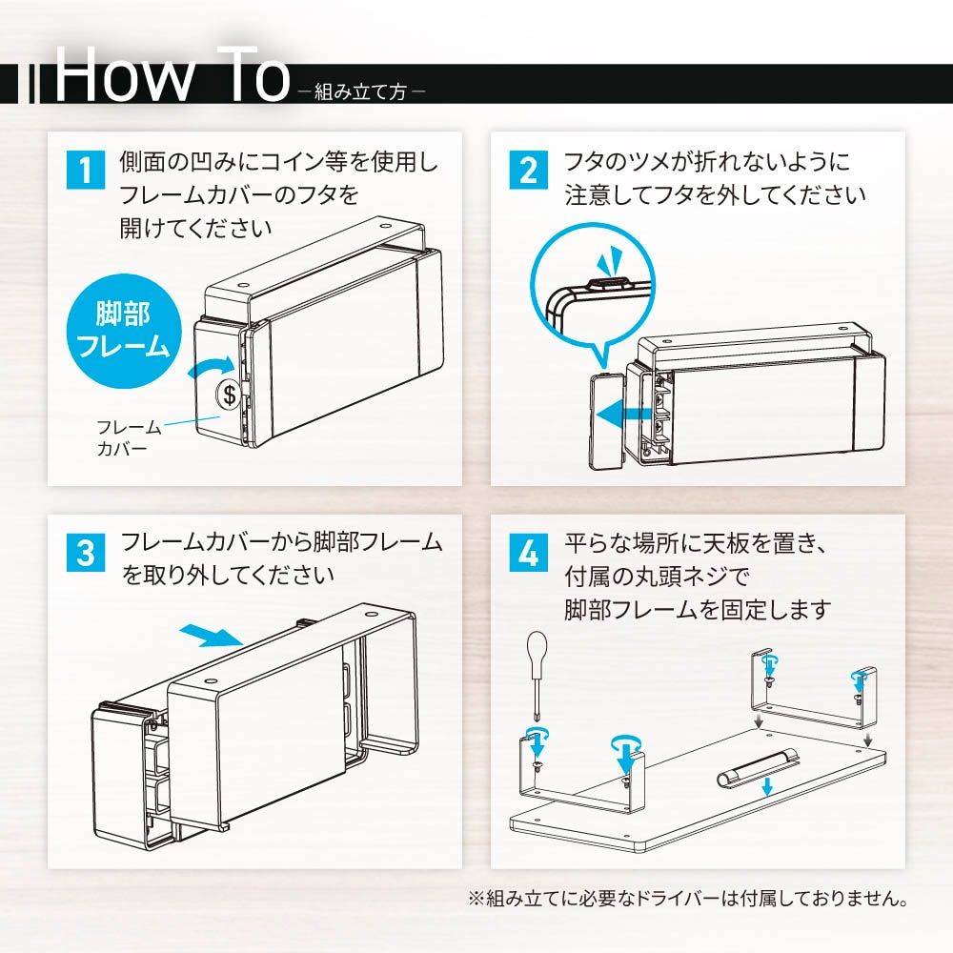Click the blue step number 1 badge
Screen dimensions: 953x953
85,170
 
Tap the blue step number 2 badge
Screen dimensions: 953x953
528,170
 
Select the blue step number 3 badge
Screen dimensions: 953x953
85,553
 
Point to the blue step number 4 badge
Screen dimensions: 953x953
528,553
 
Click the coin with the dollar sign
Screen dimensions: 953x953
229,395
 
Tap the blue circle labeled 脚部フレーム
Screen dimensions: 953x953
124,332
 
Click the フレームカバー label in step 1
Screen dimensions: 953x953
129,437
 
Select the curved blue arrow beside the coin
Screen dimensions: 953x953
211,367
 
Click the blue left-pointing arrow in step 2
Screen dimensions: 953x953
625,415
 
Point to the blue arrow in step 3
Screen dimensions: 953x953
213,636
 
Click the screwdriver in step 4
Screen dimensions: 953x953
537,674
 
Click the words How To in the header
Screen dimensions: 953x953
172,75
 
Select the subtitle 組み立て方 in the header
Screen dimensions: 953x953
361,91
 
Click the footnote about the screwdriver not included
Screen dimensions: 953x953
688,898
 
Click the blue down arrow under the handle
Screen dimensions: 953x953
767,786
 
